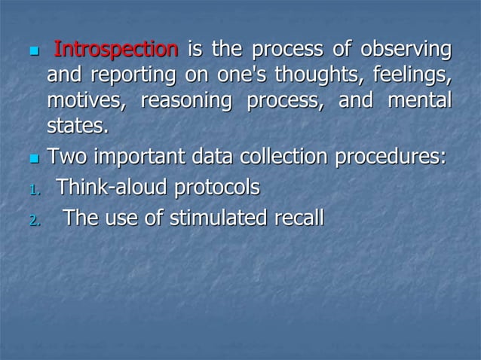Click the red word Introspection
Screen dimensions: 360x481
coord(117,50)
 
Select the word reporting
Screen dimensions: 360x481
coord(125,75)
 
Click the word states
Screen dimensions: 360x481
coord(77,125)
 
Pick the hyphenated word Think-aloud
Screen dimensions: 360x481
coord(114,188)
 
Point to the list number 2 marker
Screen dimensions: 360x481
coord(33,221)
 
